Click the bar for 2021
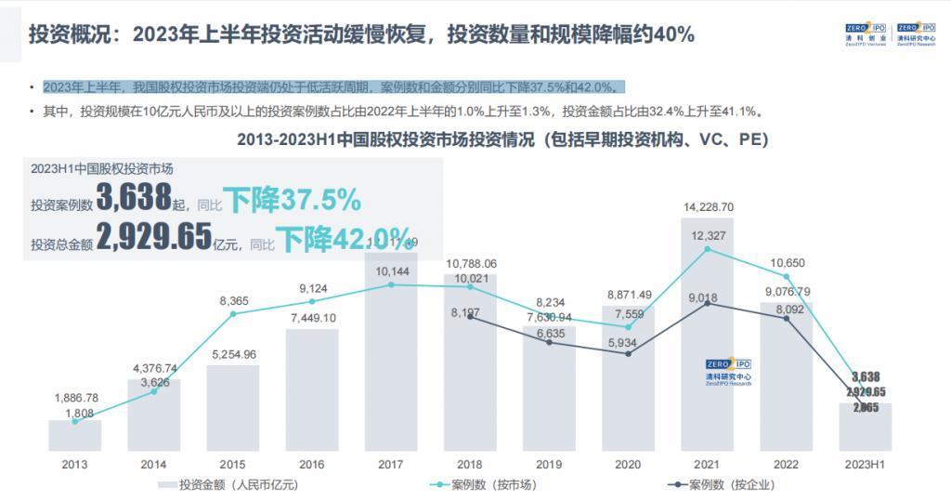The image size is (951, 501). point(707,335)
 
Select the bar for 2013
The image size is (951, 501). point(75,435)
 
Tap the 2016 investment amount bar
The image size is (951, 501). point(312,390)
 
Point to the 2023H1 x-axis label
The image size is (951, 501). point(865,464)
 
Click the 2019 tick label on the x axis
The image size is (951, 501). point(549,464)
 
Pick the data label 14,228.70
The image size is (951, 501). point(708,207)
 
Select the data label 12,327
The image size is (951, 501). point(708,236)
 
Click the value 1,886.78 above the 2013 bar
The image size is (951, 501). point(75,398)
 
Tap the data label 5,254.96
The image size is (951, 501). point(233,354)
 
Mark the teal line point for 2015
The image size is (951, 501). point(233,314)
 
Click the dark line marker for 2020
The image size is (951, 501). point(628,354)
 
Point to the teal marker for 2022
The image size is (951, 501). point(787,276)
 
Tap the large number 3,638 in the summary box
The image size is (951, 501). point(134,198)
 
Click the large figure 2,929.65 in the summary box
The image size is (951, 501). point(154,238)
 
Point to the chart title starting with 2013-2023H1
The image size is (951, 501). point(502,141)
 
